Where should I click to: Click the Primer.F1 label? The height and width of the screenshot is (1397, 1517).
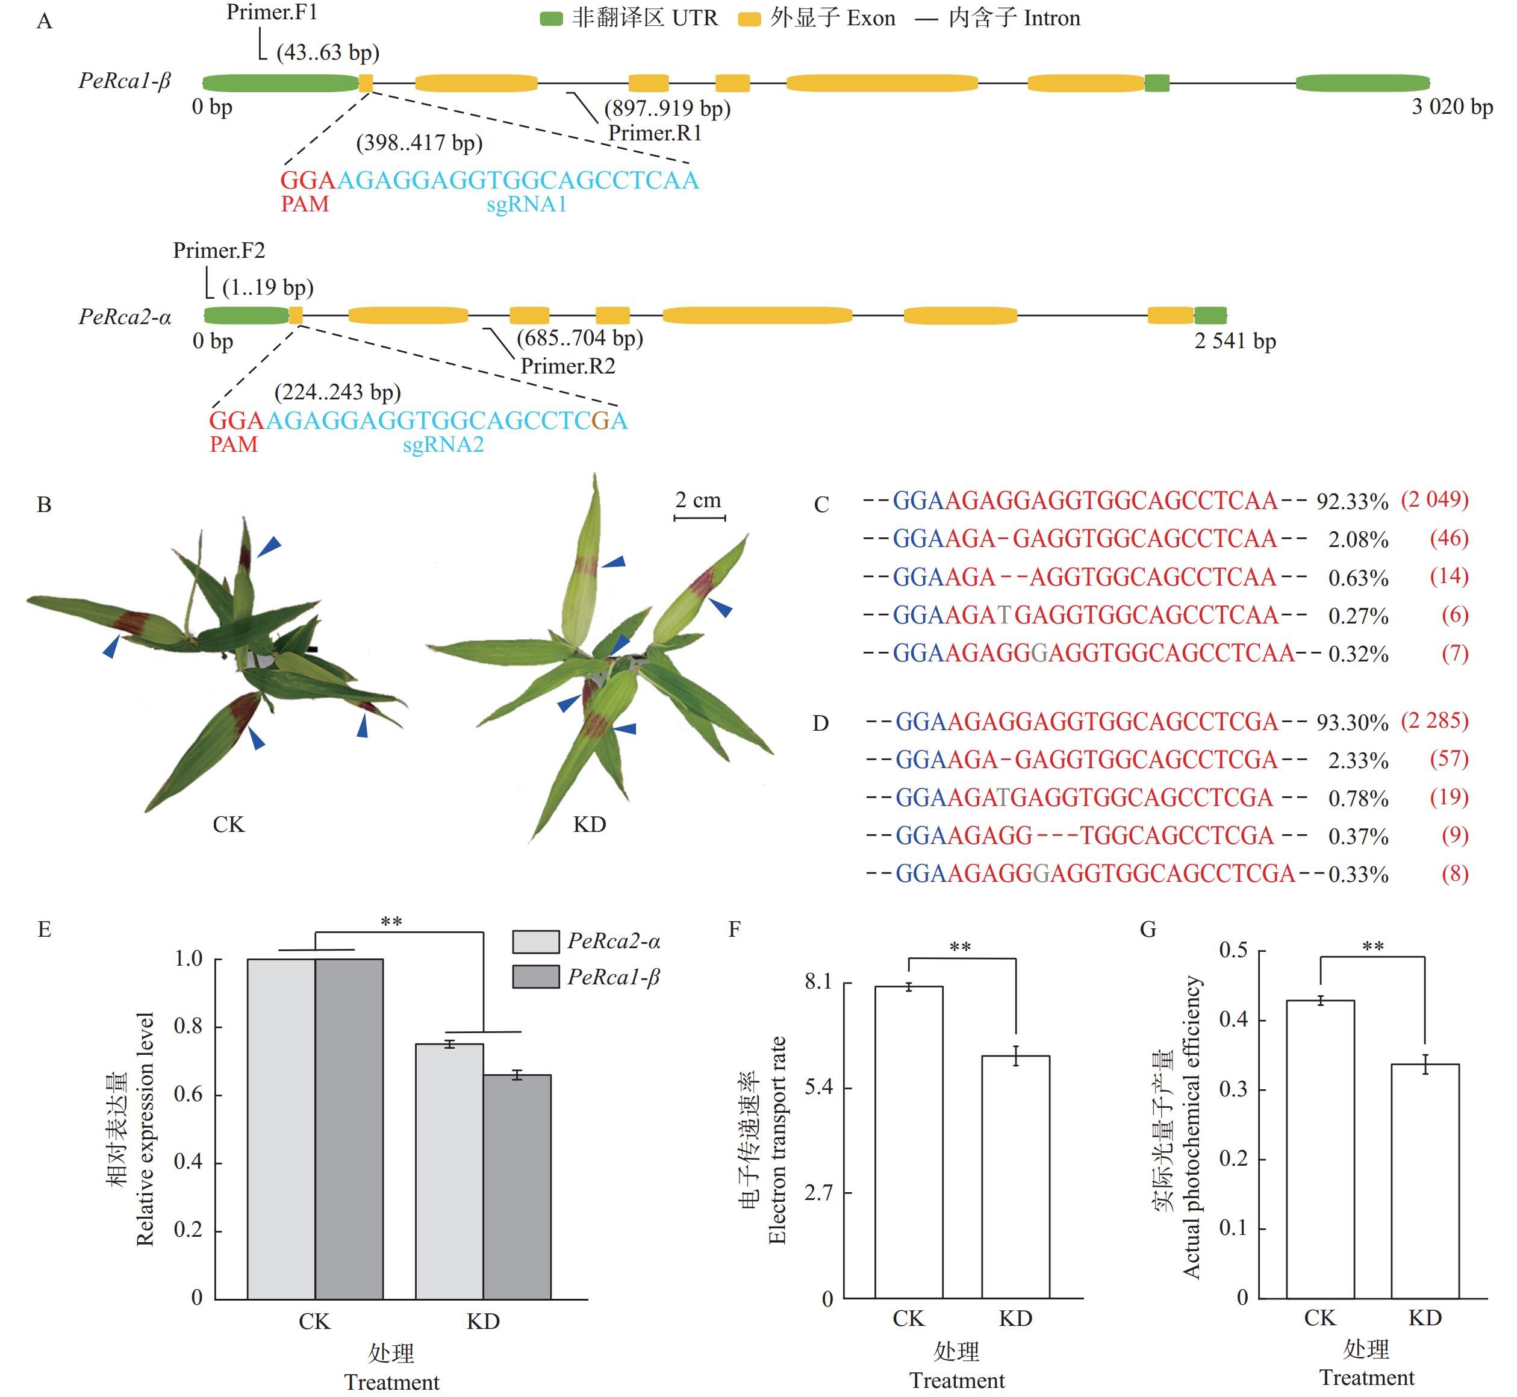coord(272,13)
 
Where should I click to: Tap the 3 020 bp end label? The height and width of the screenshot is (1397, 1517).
coord(1451,107)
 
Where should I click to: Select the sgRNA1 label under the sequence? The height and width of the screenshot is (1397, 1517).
coord(526,205)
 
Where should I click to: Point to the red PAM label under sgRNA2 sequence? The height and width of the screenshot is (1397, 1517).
coord(234,445)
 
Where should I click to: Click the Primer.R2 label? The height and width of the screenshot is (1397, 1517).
coord(568,367)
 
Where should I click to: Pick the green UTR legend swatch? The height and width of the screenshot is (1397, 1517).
coord(551,19)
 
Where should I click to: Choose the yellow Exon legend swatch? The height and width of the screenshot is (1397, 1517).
coord(749,19)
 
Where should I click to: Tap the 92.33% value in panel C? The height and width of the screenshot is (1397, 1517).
coord(1352,502)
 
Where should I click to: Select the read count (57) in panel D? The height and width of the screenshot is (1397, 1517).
coord(1448,759)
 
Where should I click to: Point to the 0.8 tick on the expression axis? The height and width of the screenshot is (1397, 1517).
coord(189,1027)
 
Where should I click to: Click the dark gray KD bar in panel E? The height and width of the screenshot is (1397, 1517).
coord(517,1186)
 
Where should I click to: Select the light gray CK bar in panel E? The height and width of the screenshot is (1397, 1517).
coord(281,1129)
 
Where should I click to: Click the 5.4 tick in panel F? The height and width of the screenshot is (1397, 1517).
coord(818,1087)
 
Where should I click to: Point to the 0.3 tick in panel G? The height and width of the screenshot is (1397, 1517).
coord(1233,1089)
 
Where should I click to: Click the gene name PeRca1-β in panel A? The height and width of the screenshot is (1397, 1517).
coord(125,81)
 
